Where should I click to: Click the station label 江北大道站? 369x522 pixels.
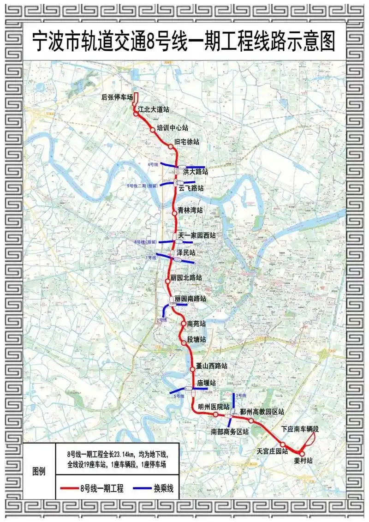pyautogui.click(x=154, y=110)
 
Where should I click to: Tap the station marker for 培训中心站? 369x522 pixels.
pyautogui.click(x=153, y=130)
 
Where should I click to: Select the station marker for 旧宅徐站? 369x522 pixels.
pyautogui.click(x=171, y=146)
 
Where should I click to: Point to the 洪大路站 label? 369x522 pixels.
pyautogui.click(x=196, y=171)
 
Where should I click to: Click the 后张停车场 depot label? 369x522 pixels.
pyautogui.click(x=117, y=97)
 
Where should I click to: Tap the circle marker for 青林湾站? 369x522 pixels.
pyautogui.click(x=174, y=213)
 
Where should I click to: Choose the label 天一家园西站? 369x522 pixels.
pyautogui.click(x=200, y=235)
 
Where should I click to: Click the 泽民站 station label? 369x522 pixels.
pyautogui.click(x=186, y=253)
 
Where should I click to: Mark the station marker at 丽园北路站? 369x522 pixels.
pyautogui.click(x=168, y=280)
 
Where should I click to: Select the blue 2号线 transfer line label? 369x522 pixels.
pyautogui.click(x=161, y=320)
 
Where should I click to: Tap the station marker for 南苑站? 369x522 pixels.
pyautogui.click(x=183, y=324)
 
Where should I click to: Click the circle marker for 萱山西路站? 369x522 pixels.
pyautogui.click(x=193, y=368)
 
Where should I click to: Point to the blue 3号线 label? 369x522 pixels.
pyautogui.click(x=242, y=396)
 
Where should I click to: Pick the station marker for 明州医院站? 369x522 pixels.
pyautogui.click(x=215, y=414)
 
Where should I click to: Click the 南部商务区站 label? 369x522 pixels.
pyautogui.click(x=230, y=432)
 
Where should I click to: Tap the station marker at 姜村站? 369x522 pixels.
pyautogui.click(x=302, y=454)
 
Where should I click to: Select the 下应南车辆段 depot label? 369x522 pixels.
pyautogui.click(x=300, y=429)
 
